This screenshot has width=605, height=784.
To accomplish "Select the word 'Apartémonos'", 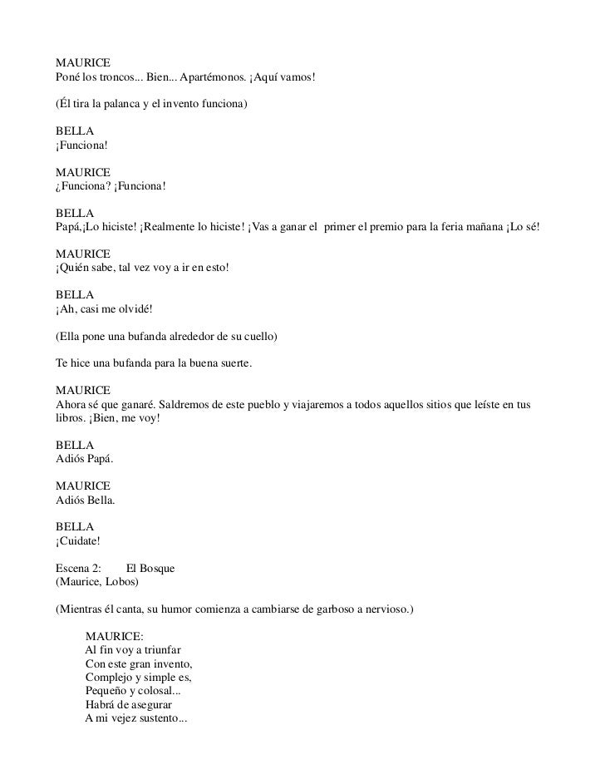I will click(209, 77).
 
